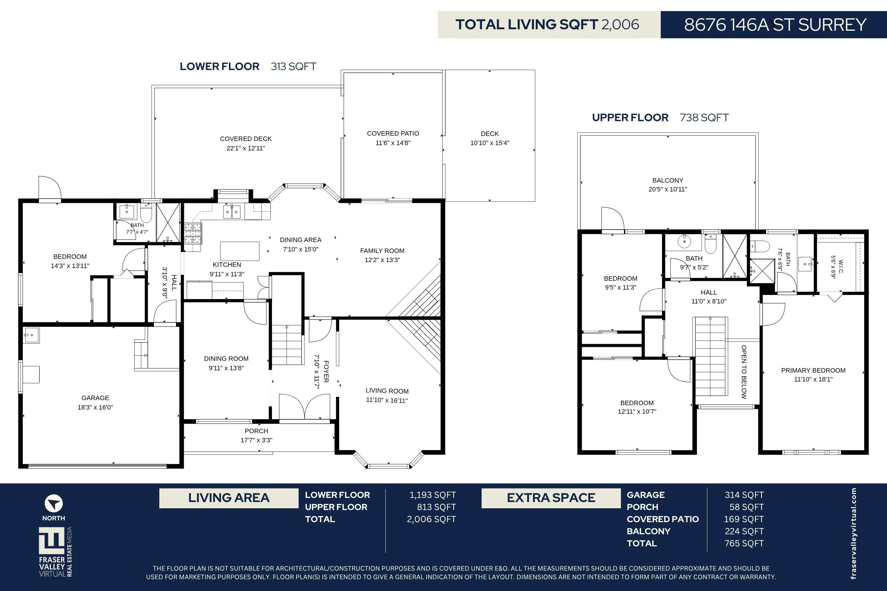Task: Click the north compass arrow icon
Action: point(54,503)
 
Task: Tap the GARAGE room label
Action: point(95,398)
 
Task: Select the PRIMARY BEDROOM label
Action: point(813,370)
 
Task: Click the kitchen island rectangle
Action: point(239,251)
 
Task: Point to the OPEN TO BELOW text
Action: point(744,372)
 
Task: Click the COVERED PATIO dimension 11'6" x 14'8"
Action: point(393,143)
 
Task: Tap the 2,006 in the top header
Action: point(620,25)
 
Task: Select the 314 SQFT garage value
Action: point(744,495)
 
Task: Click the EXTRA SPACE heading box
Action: point(551,498)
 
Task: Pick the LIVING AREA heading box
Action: point(229,498)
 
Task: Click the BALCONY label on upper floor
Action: point(668,181)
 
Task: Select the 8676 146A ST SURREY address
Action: point(775,25)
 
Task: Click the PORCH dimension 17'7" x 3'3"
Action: point(256,440)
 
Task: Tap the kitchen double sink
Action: point(232,212)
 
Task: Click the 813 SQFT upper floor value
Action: point(436,507)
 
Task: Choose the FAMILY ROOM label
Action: point(382,251)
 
